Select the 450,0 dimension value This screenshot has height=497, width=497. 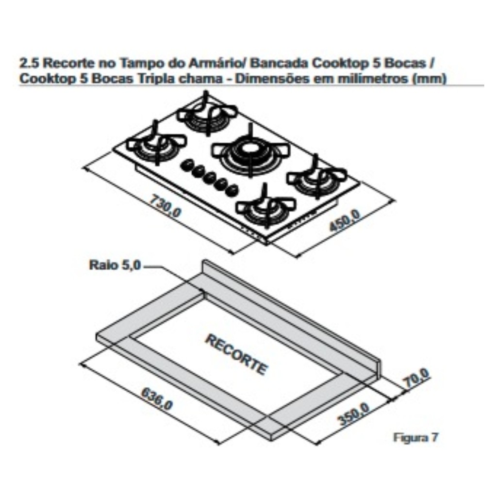pyautogui.click(x=345, y=221)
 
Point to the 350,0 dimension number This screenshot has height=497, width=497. pyautogui.click(x=353, y=414)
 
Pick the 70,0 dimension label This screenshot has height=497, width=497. pyautogui.click(x=416, y=378)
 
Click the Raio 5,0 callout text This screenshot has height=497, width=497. pyautogui.click(x=115, y=265)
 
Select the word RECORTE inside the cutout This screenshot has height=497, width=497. pyautogui.click(x=236, y=354)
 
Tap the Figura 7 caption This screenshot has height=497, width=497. pyautogui.click(x=415, y=437)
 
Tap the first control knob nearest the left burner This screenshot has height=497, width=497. pyautogui.click(x=187, y=165)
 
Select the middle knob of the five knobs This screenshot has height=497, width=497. pyautogui.click(x=210, y=178)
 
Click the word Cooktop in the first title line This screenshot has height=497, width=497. pyautogui.click(x=341, y=64)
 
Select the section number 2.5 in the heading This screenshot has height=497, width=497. pyautogui.click(x=30, y=63)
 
